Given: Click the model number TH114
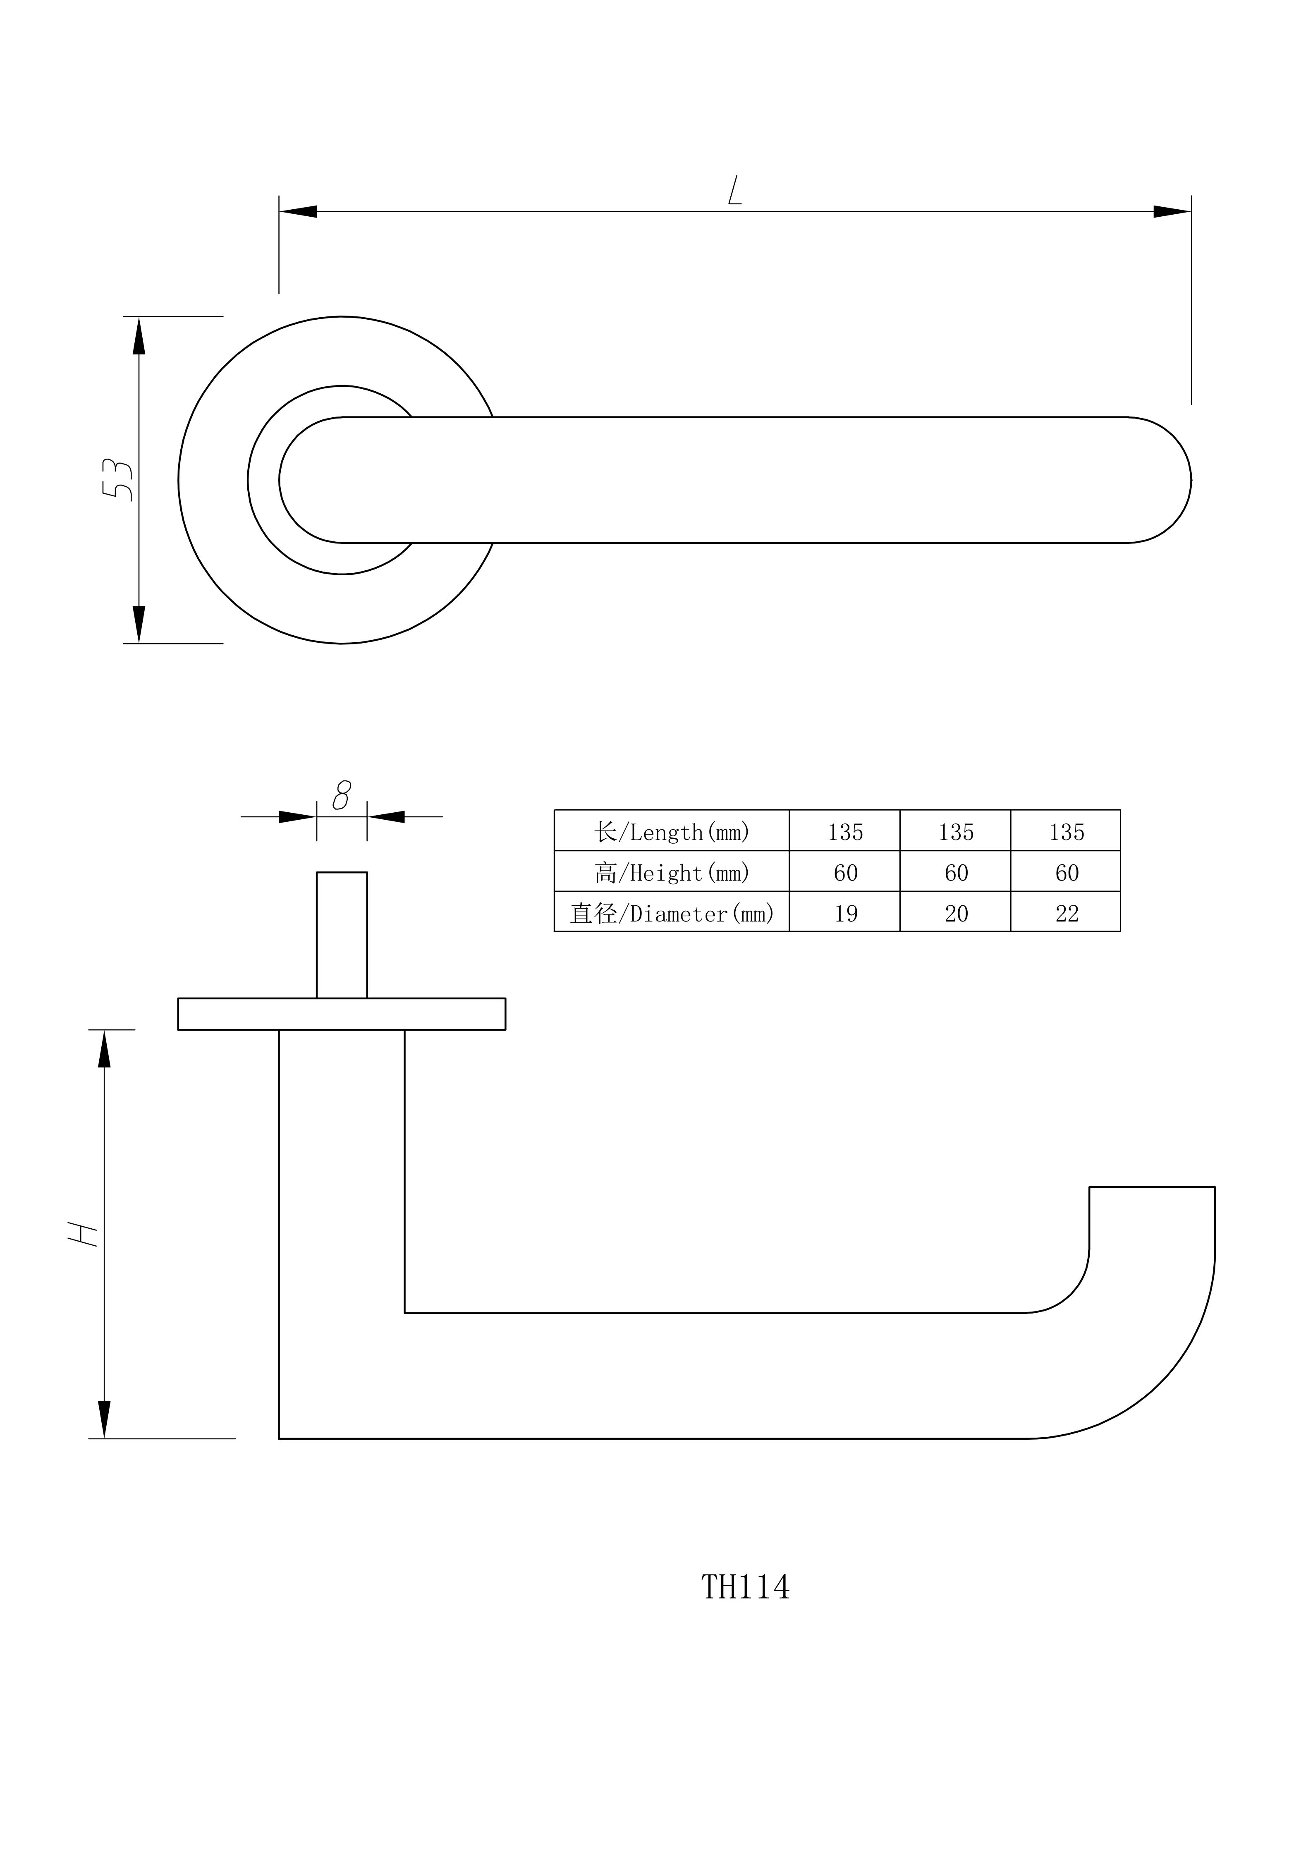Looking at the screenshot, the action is click(745, 1588).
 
